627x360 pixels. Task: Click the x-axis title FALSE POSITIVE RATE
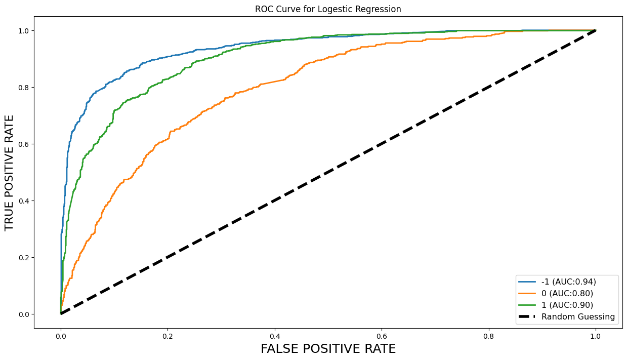[x=328, y=349]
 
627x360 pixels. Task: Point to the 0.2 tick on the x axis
[x=168, y=335]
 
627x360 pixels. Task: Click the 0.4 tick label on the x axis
[x=275, y=335]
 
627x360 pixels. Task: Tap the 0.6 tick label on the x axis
[x=382, y=335]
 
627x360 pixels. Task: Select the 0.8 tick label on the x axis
[x=489, y=335]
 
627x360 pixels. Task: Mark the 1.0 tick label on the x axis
[x=596, y=335]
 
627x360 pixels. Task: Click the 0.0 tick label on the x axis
[x=61, y=335]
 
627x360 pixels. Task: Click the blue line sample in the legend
[x=527, y=282]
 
